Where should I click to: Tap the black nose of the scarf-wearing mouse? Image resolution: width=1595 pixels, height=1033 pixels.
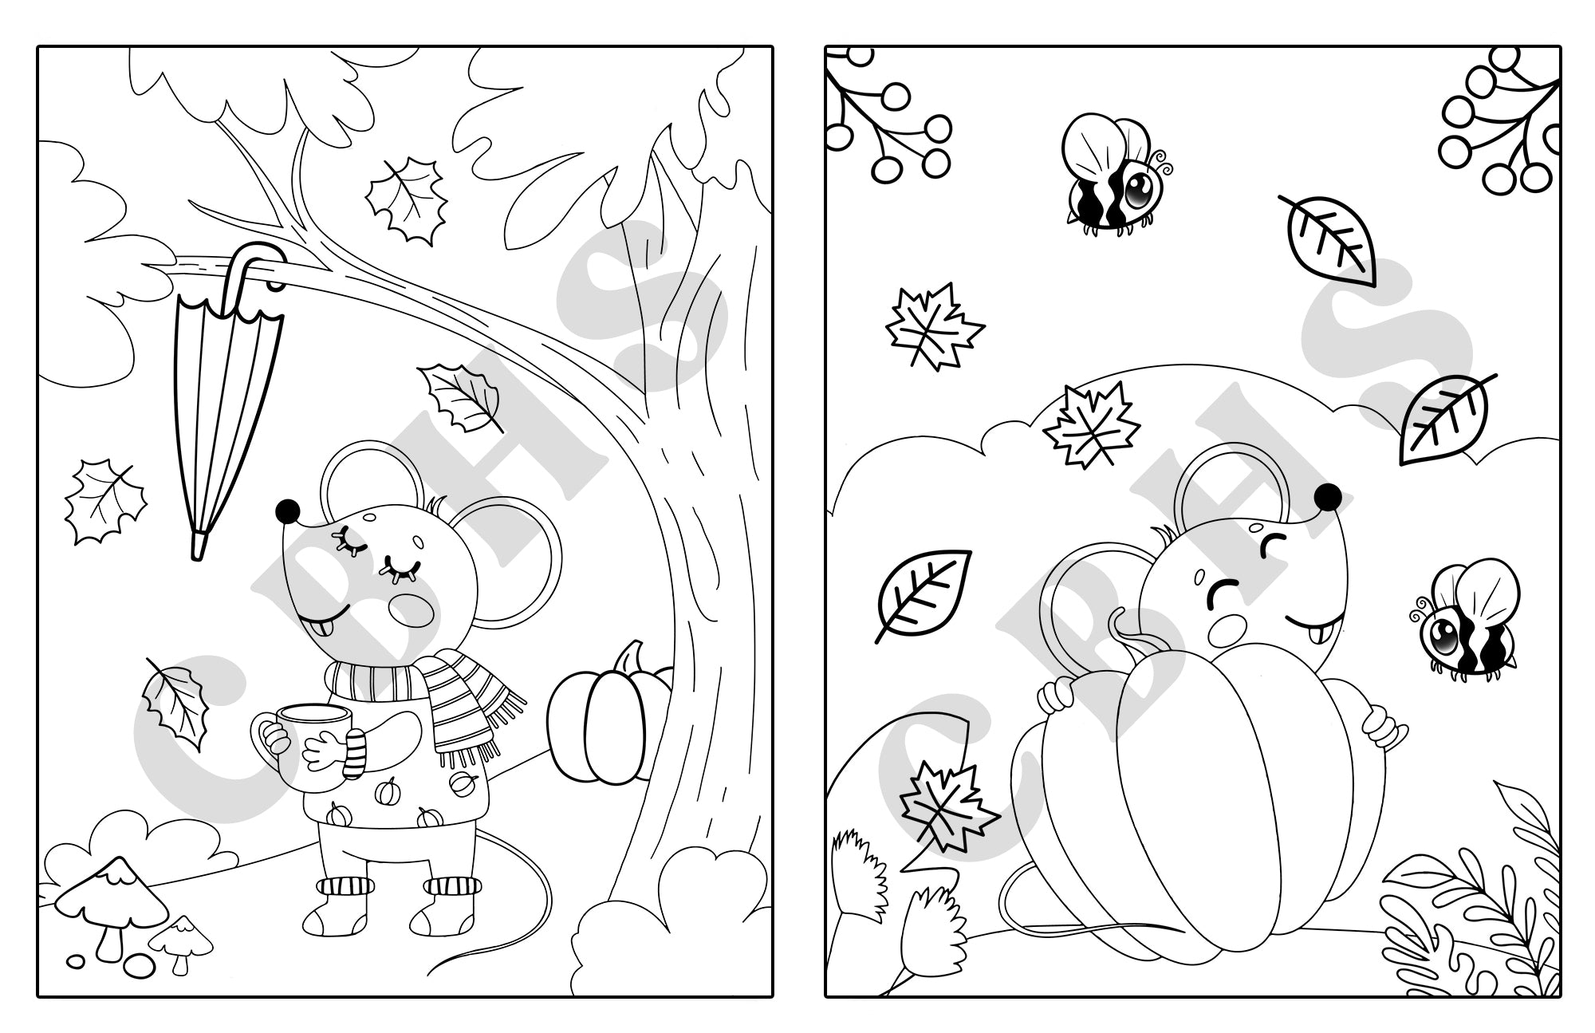[286, 510]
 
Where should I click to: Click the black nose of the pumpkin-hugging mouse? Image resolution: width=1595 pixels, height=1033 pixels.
[1328, 498]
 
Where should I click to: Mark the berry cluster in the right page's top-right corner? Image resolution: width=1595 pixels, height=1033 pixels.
[1499, 120]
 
